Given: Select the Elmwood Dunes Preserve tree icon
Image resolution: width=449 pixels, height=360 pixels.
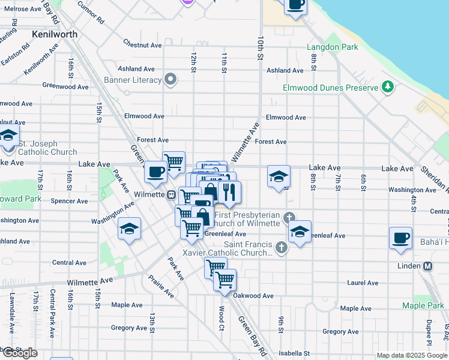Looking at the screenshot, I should (x=388, y=88).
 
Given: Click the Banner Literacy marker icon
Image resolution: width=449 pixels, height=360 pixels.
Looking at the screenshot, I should (x=171, y=80).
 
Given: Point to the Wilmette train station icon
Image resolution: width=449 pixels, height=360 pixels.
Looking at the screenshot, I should (x=172, y=194).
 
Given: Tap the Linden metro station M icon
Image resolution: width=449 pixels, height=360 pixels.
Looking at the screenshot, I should (x=428, y=266).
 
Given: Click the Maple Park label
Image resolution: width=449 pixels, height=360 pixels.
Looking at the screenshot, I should (x=423, y=305).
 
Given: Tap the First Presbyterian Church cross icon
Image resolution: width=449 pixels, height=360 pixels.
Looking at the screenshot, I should (x=290, y=217).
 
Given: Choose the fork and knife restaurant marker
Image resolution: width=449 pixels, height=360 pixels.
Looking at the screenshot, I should (x=229, y=192).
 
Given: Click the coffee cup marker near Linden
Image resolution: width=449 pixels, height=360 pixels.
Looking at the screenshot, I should (x=401, y=238).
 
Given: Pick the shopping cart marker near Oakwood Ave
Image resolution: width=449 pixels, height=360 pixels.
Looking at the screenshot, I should (x=224, y=280).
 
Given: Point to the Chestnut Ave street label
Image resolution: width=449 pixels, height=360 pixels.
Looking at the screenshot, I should (x=142, y=45).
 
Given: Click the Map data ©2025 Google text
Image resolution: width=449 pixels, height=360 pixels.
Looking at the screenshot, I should (x=411, y=355).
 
